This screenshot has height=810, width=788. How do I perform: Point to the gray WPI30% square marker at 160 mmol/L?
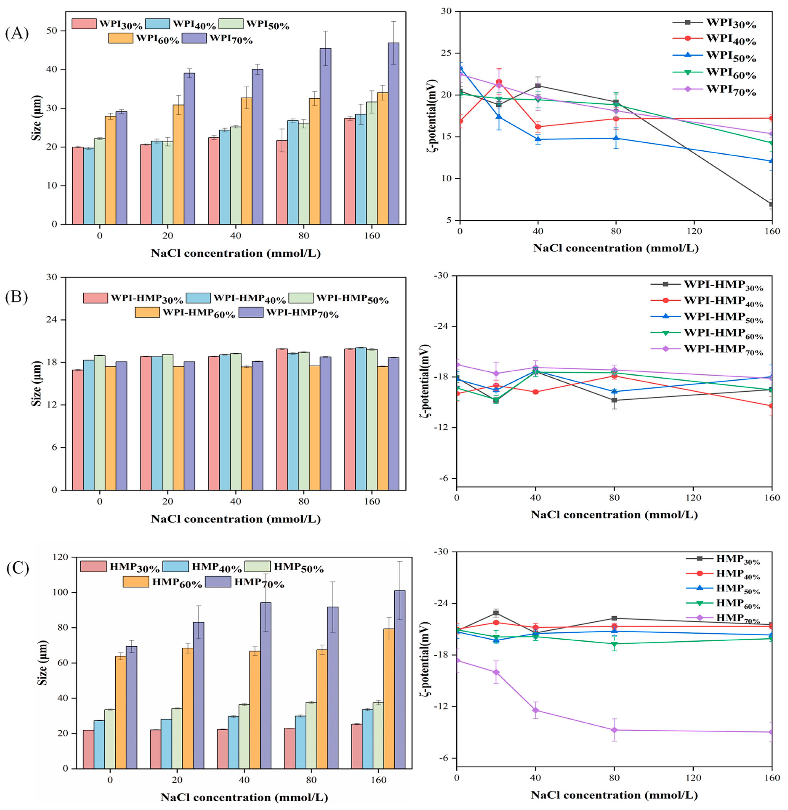tap(771, 204)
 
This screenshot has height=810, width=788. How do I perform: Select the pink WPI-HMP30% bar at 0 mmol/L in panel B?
tap(78, 430)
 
